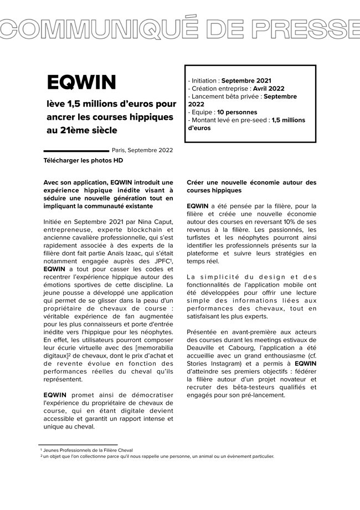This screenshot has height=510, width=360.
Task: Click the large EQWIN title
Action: (81, 83)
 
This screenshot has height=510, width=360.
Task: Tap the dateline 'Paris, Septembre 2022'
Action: (142, 150)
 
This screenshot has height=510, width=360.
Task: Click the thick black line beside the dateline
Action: (76, 150)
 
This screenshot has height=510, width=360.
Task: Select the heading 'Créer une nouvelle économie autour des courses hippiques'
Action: (252, 186)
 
